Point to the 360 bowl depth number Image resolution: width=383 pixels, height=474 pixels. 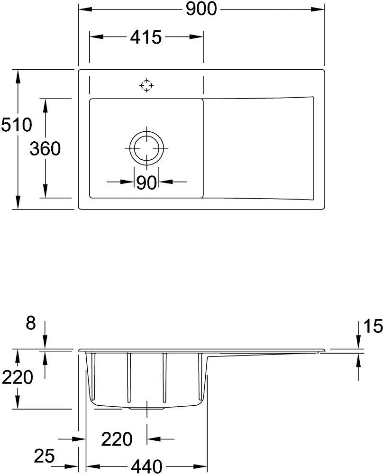[45, 149]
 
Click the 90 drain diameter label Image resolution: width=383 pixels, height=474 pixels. [146, 182]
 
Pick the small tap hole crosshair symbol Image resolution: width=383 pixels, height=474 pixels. [146, 85]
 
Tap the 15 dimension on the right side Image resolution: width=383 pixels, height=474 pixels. [373, 326]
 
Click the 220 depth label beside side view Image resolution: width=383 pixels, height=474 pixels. [17, 378]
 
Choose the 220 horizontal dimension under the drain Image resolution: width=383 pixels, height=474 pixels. [117, 439]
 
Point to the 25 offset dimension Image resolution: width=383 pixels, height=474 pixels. [45, 456]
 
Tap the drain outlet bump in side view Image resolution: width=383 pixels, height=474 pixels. [147, 407]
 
